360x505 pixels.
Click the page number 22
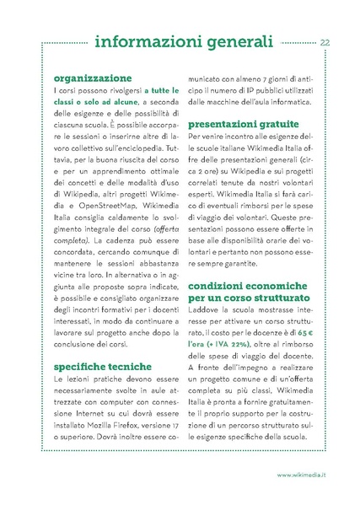(x=325, y=42)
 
